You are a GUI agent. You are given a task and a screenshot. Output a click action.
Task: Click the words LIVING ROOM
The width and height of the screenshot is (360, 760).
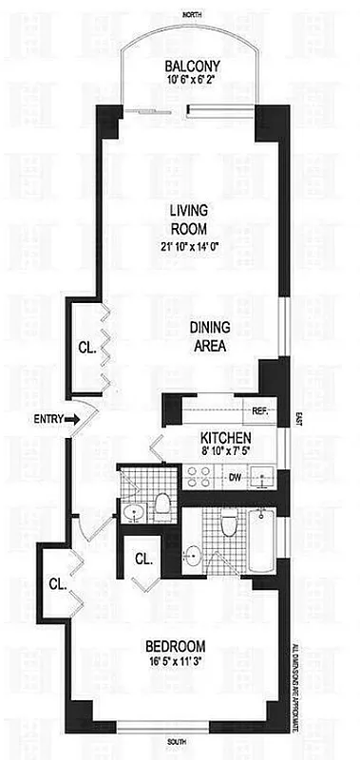coord(189,218)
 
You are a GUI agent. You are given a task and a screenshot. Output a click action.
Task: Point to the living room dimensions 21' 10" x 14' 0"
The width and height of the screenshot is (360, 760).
coord(188,249)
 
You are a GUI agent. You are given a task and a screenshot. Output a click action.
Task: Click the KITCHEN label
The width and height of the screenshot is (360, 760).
coord(225,437)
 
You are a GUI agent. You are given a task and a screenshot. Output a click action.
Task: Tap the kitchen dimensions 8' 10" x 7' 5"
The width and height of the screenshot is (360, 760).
coord(224,453)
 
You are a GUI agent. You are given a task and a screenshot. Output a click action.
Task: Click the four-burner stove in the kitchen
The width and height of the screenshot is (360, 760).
coord(200,476)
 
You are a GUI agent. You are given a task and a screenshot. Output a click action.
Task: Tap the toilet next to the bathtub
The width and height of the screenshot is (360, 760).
coord(229,527)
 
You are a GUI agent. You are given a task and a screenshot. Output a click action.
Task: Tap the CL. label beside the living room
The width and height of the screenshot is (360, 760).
coord(84,346)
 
